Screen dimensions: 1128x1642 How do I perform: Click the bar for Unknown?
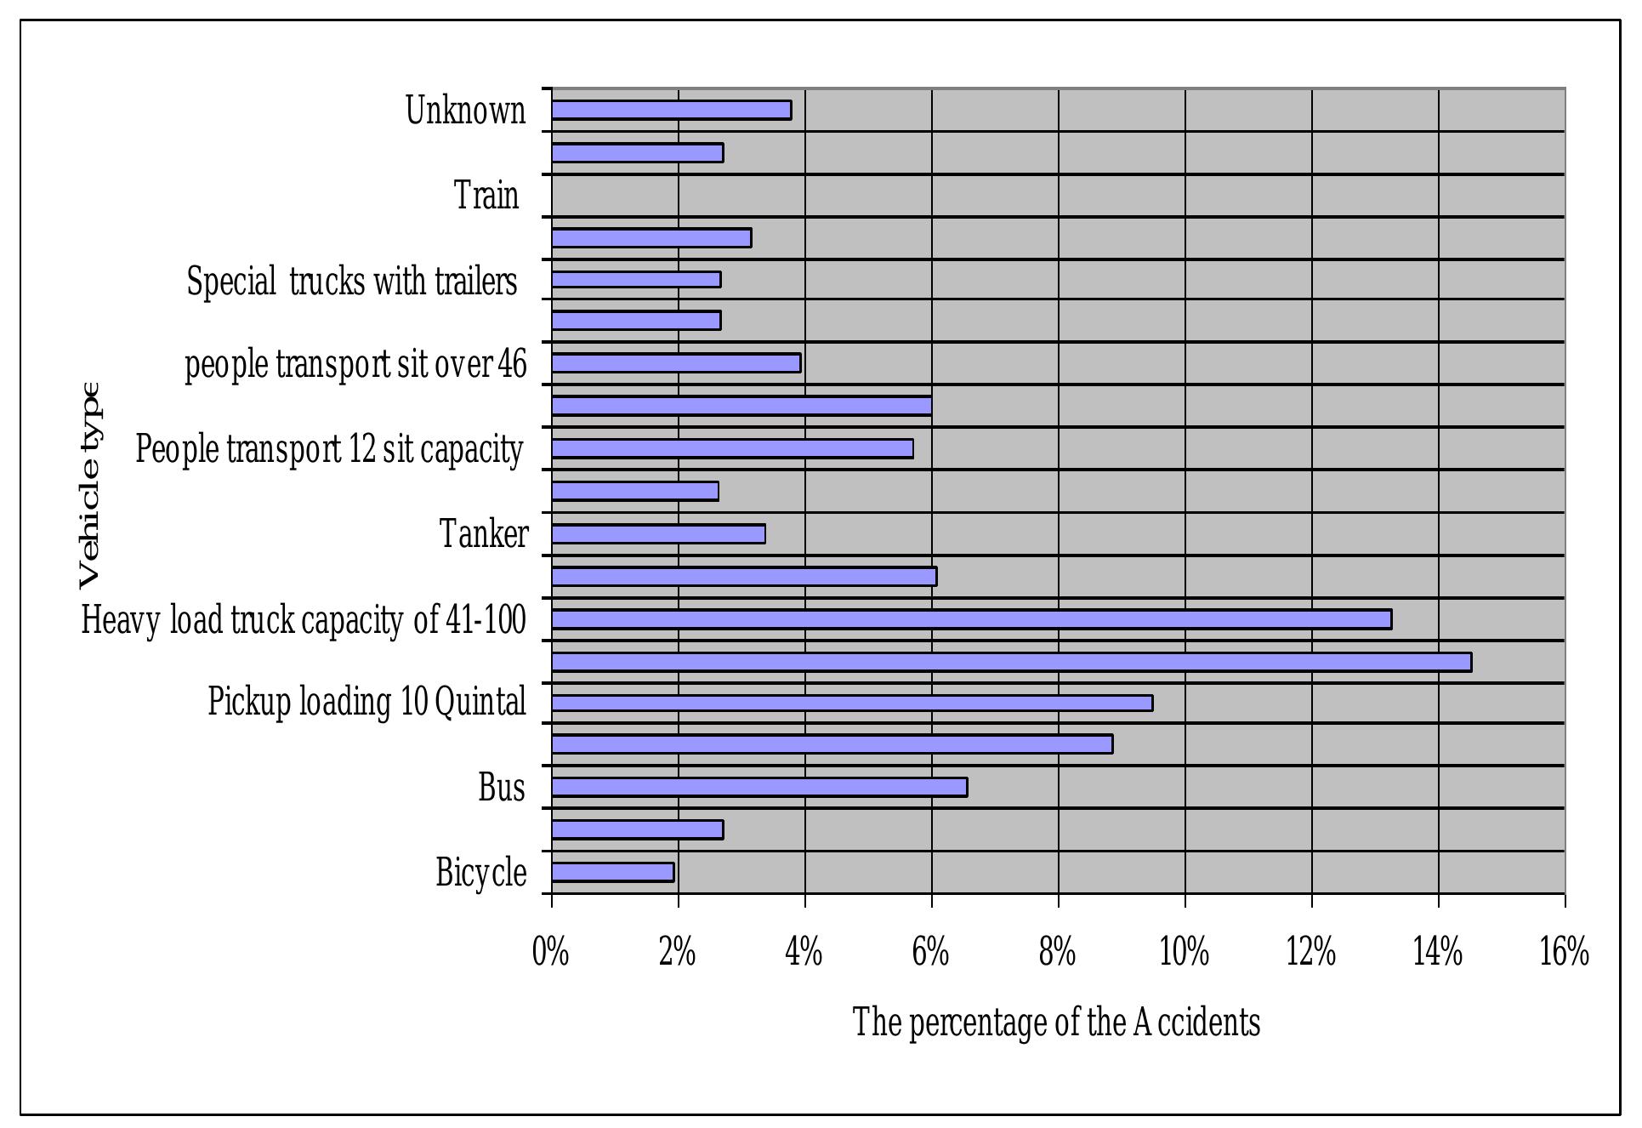coord(671,110)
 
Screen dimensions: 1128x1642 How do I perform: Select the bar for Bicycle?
coord(612,872)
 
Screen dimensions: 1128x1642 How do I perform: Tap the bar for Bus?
coord(759,788)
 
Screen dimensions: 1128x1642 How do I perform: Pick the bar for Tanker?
coord(658,534)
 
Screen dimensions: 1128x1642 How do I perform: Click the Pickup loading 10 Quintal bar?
coord(852,703)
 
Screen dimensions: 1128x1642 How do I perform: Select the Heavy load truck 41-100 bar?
coord(971,619)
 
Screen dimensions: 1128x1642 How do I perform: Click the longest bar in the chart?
coord(1011,662)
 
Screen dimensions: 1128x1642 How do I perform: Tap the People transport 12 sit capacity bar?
coord(732,448)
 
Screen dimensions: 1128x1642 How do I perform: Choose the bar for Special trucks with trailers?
coord(636,279)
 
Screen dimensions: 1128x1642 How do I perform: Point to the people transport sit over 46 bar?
coord(676,363)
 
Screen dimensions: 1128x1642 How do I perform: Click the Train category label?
coord(486,196)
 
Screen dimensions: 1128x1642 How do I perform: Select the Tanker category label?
coord(484,534)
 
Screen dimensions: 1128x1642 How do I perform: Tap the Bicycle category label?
coord(481,873)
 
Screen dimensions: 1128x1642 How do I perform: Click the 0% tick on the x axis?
coord(550,952)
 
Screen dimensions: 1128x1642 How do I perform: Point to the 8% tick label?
coord(1057,952)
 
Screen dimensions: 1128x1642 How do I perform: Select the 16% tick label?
coord(1564,952)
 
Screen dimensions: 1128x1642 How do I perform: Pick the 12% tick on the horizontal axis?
coord(1310,952)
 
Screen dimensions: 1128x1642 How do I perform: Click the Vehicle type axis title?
coord(89,485)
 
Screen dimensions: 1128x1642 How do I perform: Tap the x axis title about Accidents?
coord(1056,1022)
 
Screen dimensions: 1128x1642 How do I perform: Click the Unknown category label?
coord(465,111)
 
